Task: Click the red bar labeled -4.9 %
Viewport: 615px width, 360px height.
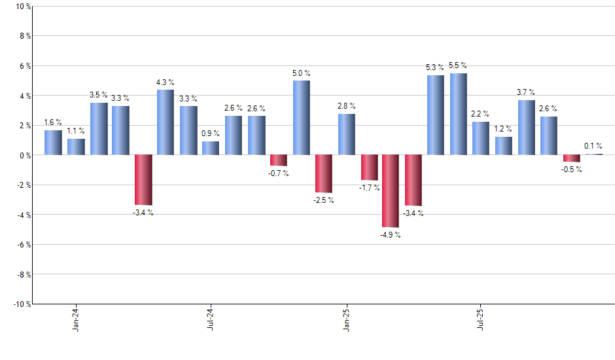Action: (x=391, y=190)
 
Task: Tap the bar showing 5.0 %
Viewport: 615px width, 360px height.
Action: (x=301, y=118)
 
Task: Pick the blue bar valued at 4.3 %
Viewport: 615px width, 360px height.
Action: (x=166, y=122)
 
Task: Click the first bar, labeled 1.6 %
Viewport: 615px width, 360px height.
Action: (x=53, y=143)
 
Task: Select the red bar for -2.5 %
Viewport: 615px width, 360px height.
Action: (x=323, y=173)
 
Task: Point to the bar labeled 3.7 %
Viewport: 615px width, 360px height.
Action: (x=526, y=128)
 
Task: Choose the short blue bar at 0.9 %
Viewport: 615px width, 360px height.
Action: (x=211, y=148)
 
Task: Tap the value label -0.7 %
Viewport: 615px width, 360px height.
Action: (x=278, y=173)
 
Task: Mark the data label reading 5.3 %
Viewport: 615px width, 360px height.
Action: (x=435, y=67)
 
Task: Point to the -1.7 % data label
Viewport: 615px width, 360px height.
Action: (x=368, y=188)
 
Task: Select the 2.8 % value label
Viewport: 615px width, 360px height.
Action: (x=346, y=105)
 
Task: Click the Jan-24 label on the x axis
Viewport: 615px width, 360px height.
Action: (x=76, y=319)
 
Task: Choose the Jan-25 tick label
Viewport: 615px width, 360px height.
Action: (x=346, y=319)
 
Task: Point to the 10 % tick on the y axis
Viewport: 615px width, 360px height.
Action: (x=22, y=7)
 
